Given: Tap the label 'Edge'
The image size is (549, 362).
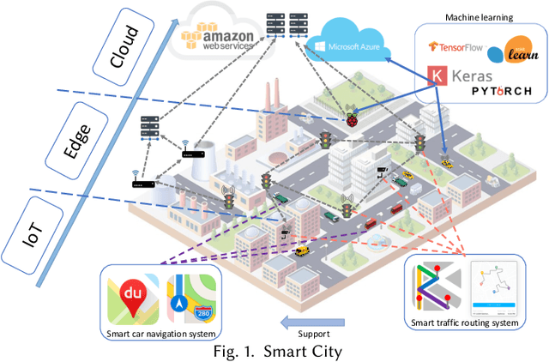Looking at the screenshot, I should [x=79, y=136].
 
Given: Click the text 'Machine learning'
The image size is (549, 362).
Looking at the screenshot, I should [x=479, y=17].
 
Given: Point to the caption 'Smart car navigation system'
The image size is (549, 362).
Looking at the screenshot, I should [x=161, y=333].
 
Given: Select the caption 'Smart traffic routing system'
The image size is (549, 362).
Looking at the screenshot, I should [x=463, y=323].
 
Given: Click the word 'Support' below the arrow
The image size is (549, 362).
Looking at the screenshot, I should [x=313, y=333].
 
